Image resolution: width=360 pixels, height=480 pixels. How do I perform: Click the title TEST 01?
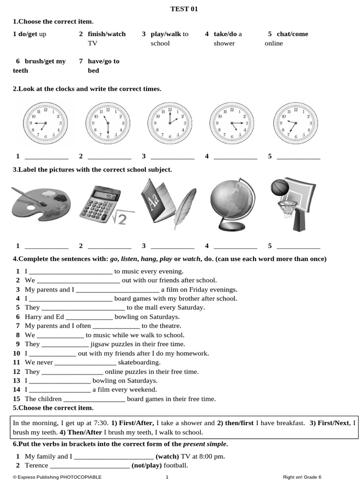tap(180, 9)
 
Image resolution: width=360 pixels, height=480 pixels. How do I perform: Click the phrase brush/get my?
tap(45, 61)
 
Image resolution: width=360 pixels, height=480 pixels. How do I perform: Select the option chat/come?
tap(292, 34)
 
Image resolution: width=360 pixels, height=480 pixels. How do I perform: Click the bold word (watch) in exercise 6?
tap(167, 456)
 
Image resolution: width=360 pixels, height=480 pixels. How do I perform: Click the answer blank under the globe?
tap(235, 247)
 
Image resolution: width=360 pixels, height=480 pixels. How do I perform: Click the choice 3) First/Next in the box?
tap(329, 423)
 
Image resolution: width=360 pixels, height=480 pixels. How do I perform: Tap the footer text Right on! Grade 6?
tap(302, 477)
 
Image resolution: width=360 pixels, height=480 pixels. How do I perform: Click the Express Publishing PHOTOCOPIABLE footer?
tap(57, 477)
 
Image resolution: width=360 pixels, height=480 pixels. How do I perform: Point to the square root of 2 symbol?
tap(120, 218)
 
